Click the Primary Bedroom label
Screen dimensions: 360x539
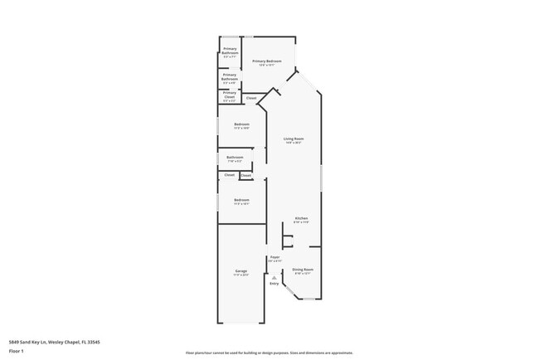[267, 61]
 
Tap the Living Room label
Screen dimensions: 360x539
[294, 139]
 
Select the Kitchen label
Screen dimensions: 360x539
[300, 219]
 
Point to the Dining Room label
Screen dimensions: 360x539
[303, 270]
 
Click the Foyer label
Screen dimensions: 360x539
[274, 258]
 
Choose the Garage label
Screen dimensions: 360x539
[241, 271]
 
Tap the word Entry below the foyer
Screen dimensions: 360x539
[274, 284]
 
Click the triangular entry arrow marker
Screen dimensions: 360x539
[274, 277]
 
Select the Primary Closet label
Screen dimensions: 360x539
[230, 95]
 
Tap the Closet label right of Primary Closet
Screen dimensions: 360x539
[251, 98]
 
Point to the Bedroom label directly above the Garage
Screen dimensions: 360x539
[242, 200]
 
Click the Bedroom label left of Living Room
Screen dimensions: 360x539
[241, 124]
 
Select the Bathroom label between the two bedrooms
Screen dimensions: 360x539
[235, 157]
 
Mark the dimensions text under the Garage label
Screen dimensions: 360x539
[241, 275]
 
